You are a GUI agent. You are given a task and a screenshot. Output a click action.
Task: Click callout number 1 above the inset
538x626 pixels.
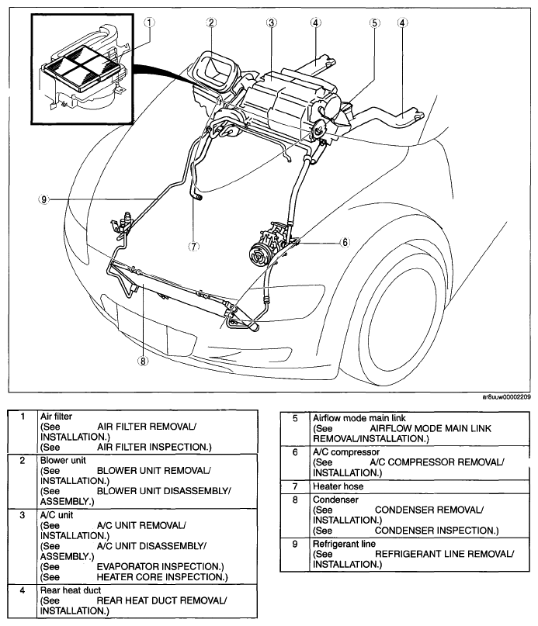149,22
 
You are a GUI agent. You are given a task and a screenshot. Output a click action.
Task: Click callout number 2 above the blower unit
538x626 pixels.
211,22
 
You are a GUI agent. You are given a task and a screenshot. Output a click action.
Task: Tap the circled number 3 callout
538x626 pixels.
272,22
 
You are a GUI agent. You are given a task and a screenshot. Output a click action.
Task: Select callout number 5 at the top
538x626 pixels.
374,22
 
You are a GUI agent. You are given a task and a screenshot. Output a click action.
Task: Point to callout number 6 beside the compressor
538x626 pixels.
345,242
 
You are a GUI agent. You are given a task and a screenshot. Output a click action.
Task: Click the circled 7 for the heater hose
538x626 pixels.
193,247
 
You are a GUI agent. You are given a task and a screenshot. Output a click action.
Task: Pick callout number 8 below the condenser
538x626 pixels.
143,361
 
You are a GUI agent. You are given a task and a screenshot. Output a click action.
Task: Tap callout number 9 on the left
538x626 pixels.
43,199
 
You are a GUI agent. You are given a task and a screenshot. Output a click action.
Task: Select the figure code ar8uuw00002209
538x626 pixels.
506,397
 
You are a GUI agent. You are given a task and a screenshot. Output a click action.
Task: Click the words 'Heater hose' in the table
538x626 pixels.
338,486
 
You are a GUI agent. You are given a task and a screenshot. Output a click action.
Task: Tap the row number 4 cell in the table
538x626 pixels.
23,590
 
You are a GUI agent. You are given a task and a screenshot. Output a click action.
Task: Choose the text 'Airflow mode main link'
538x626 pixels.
359,418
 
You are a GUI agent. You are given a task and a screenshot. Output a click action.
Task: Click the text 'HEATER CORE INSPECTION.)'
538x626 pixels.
162,577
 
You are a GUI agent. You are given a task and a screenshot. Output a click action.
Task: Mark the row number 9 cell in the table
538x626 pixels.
295,544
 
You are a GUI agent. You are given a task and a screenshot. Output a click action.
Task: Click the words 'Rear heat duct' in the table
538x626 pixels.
71,590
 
